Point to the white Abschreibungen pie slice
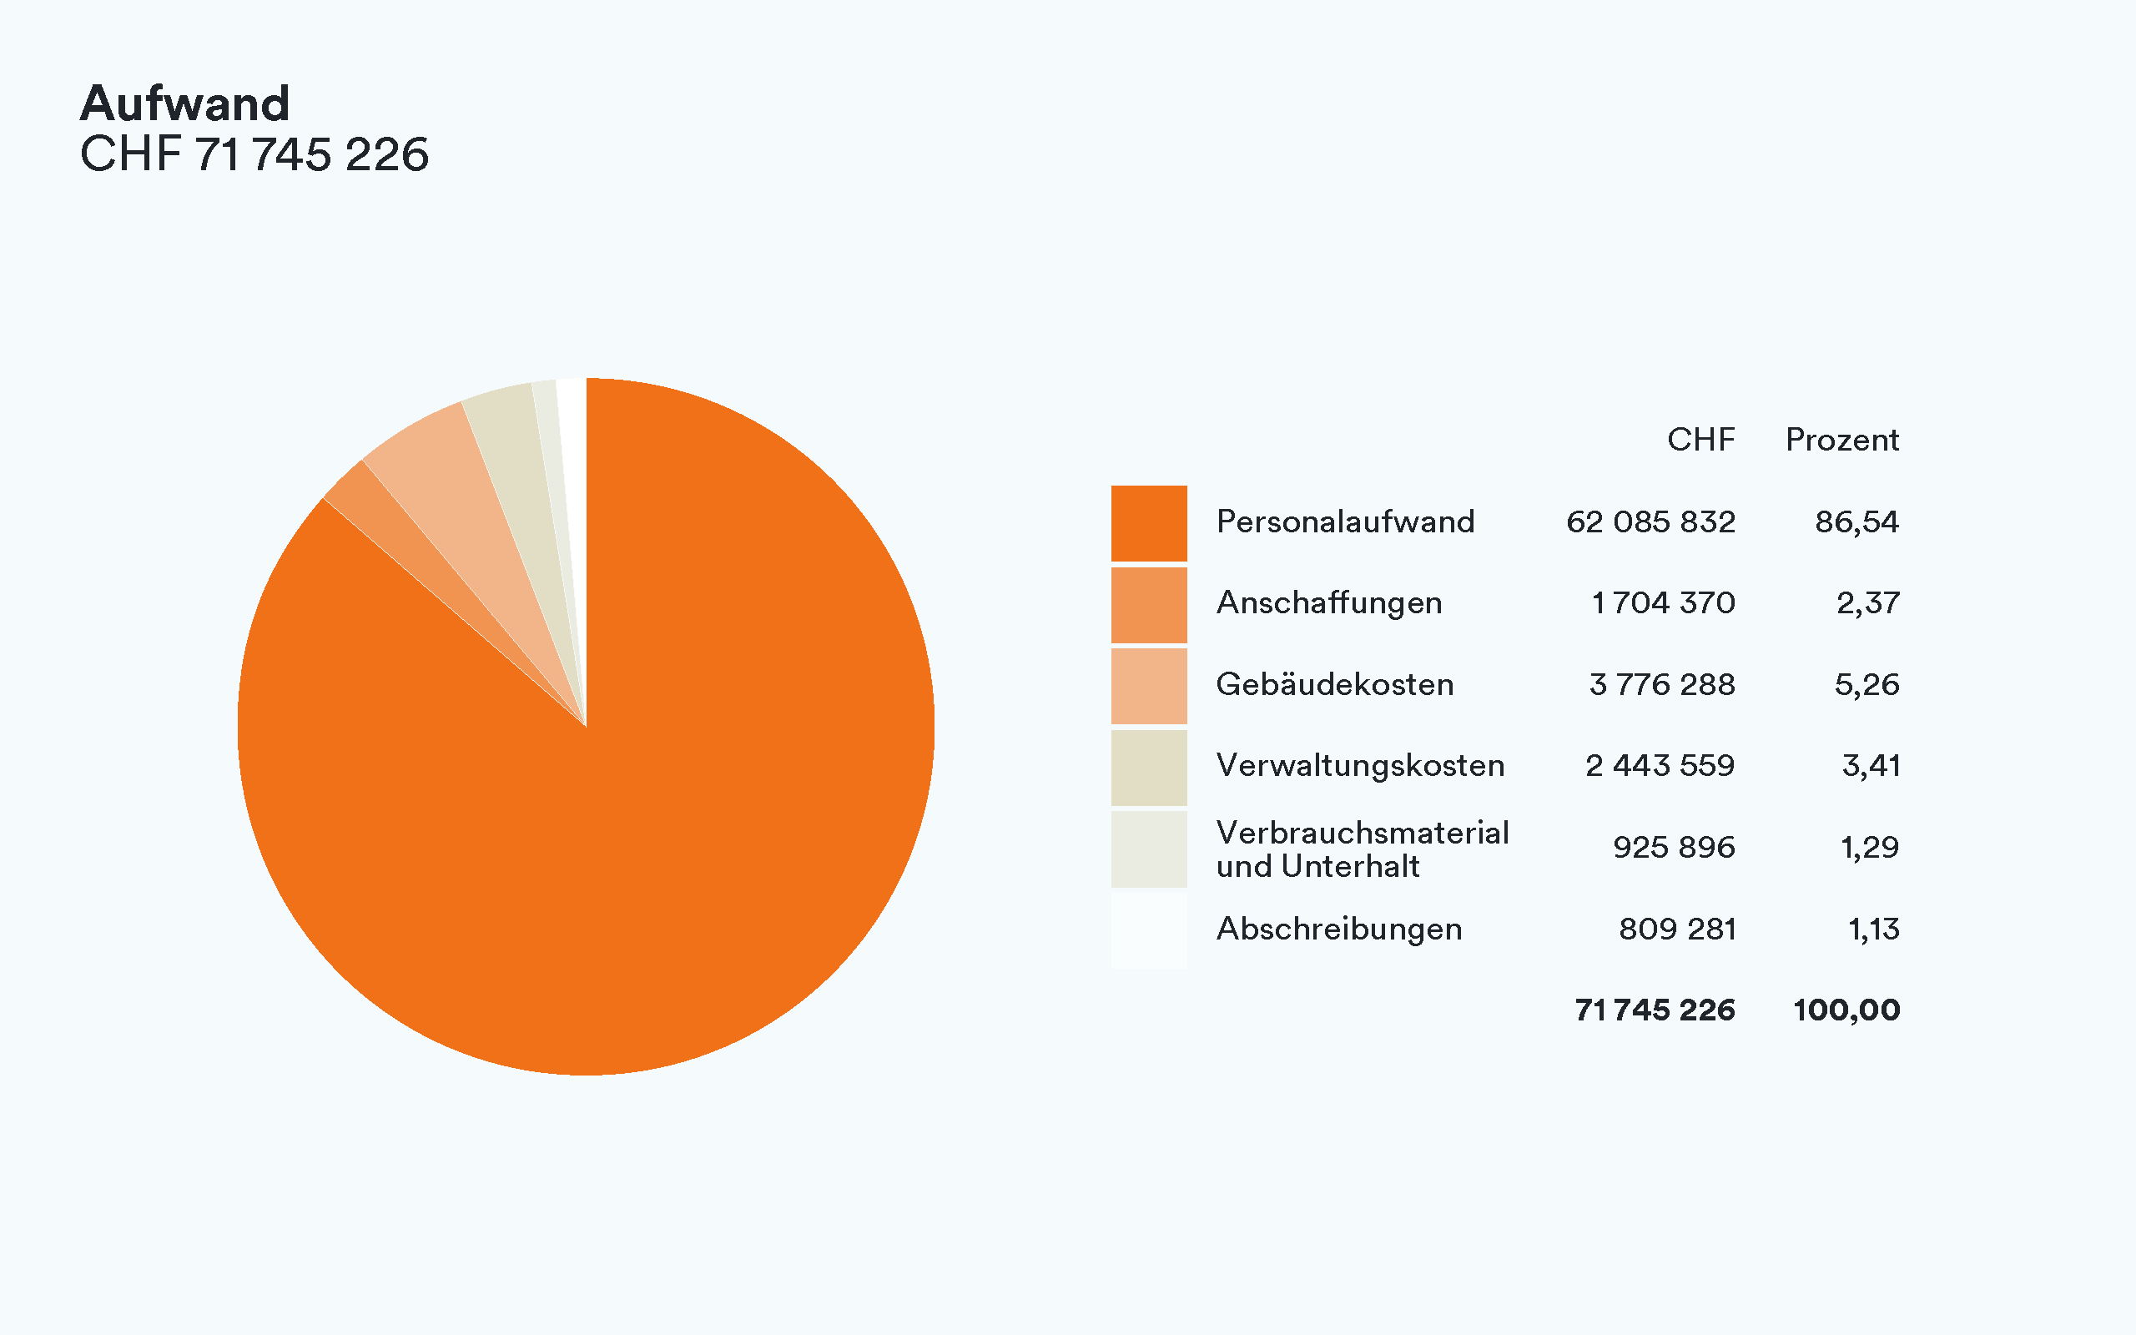(x=574, y=459)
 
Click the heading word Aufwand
(x=184, y=103)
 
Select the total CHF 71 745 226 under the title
(x=254, y=154)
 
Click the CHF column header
(x=1700, y=440)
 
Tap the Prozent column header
(x=1842, y=440)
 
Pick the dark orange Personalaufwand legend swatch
(x=1148, y=522)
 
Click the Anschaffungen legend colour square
(x=1148, y=605)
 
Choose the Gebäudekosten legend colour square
(x=1148, y=686)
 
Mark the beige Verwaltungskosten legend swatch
(x=1148, y=768)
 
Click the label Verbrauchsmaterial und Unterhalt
(x=1362, y=849)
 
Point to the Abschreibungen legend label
(x=1339, y=929)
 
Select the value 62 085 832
(x=1650, y=521)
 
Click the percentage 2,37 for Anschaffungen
(x=1867, y=603)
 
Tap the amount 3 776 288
(x=1662, y=684)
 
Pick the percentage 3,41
(x=1871, y=765)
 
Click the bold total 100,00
(x=1846, y=1010)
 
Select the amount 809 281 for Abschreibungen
(x=1677, y=929)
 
